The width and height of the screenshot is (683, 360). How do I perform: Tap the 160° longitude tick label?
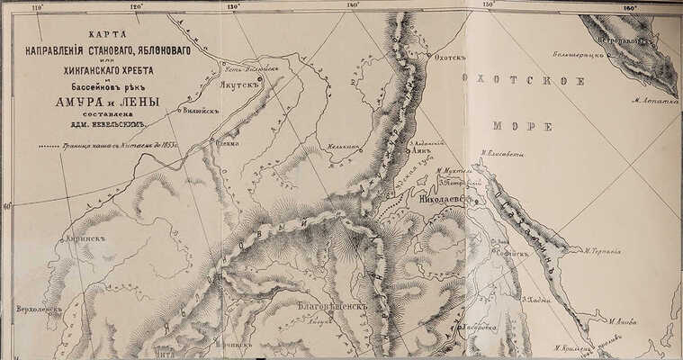[x=629, y=8]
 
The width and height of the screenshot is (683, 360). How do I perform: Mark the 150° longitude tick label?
[x=489, y=5]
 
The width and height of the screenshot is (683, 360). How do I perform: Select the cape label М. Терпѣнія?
[x=602, y=251]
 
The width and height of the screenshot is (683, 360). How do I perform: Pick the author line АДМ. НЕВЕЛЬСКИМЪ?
[x=90, y=128]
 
